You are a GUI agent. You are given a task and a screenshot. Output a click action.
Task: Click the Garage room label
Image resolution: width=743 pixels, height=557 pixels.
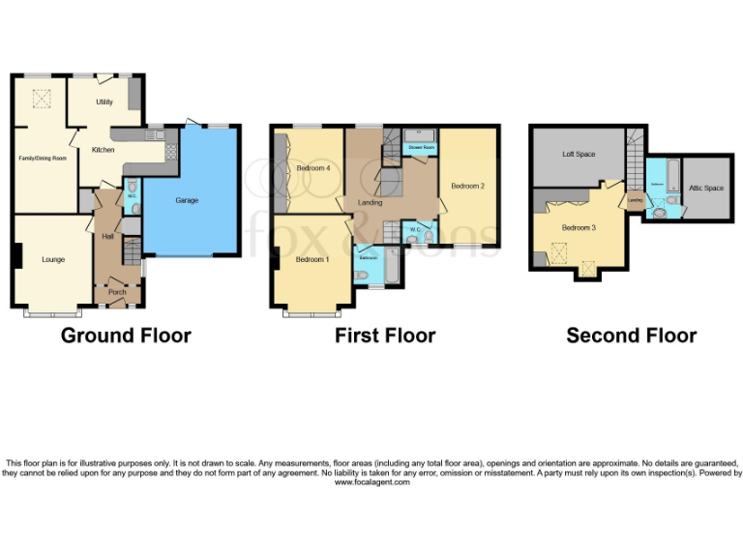187,200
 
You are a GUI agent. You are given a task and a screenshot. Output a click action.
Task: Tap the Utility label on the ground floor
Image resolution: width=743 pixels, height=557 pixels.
104,102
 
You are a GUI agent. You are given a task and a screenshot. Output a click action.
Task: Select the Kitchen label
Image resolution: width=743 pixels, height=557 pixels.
103,150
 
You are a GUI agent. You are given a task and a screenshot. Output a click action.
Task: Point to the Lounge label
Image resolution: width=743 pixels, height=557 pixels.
52,259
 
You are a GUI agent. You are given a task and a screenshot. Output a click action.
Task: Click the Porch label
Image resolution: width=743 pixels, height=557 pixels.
117,292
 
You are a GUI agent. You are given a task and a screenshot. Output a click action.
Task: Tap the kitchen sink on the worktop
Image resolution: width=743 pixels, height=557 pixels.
156,134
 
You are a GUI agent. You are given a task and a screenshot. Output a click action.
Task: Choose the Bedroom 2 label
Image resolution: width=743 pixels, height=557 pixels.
468,186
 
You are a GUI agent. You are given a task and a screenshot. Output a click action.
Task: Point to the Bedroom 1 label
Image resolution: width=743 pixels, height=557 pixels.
312,260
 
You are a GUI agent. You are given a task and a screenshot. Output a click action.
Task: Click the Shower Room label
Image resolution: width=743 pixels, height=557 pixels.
420,147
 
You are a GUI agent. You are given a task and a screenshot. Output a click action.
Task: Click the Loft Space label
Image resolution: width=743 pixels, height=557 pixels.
579,154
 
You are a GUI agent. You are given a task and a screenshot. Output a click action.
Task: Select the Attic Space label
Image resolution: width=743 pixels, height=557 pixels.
706,188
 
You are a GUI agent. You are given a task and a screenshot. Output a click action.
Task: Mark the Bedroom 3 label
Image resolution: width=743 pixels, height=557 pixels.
579,228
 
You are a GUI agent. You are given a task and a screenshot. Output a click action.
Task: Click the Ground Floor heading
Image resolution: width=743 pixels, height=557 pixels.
126,336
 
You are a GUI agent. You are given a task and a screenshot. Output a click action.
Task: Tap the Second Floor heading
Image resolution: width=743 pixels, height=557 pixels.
631,336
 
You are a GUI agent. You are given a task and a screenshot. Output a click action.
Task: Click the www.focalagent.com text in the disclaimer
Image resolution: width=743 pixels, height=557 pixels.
371,482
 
